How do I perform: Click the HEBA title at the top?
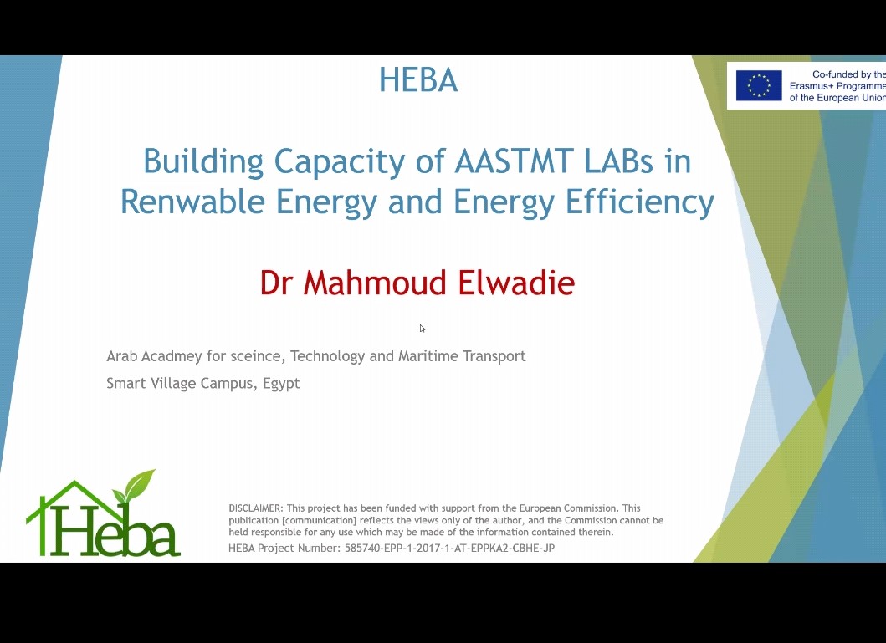pyautogui.click(x=418, y=80)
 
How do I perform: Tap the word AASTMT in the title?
pyautogui.click(x=514, y=161)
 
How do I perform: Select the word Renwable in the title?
pyautogui.click(x=192, y=201)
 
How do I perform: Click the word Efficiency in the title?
pyautogui.click(x=640, y=202)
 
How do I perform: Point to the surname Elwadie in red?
pyautogui.click(x=516, y=283)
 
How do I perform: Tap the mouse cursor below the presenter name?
pyautogui.click(x=423, y=329)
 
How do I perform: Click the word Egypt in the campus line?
pyautogui.click(x=281, y=384)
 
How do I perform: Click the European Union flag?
pyautogui.click(x=759, y=85)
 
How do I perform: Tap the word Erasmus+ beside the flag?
pyautogui.click(x=811, y=86)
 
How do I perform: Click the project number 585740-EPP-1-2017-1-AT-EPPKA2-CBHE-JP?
pyautogui.click(x=450, y=548)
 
